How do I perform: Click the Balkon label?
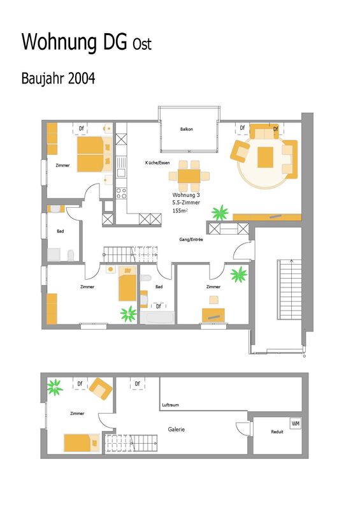click(x=186, y=129)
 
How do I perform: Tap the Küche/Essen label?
click(x=157, y=163)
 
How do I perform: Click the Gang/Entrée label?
click(x=191, y=240)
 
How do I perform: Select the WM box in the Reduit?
click(x=296, y=423)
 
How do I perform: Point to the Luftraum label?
click(x=170, y=405)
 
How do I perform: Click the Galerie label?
click(x=176, y=429)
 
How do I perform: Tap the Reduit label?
click(x=277, y=432)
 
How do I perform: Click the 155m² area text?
click(x=180, y=211)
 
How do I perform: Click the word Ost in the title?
click(x=142, y=44)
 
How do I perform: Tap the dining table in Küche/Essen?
click(x=189, y=177)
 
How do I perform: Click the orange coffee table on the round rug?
click(x=265, y=157)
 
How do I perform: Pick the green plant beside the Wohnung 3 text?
click(x=220, y=213)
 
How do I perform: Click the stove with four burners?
click(x=121, y=193)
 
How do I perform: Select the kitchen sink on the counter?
click(x=121, y=166)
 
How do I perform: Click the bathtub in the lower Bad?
click(x=157, y=317)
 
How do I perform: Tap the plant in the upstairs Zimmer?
click(x=55, y=387)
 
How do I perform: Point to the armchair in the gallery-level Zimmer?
click(x=101, y=388)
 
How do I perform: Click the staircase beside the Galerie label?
click(x=132, y=442)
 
